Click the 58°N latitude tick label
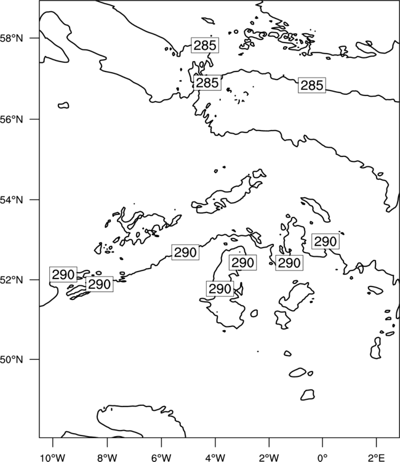tap(11, 38)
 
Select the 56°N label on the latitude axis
tap(11, 120)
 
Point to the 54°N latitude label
tap(11, 200)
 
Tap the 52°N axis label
tap(11, 280)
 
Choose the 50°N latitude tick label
tap(11, 360)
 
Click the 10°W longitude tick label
tap(53, 458)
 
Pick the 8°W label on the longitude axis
tap(107, 458)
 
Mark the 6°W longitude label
tap(161, 458)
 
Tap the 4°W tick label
tap(215, 458)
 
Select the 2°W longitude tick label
tap(269, 458)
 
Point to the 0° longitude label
tap(322, 458)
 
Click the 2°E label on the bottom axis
tap(377, 458)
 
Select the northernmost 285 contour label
tap(205, 46)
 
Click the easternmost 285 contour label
tap(312, 86)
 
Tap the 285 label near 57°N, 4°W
tap(207, 83)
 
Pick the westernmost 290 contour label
tap(63, 275)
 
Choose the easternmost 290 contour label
tap(326, 241)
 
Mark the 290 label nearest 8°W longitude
tap(100, 285)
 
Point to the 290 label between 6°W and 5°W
tap(185, 253)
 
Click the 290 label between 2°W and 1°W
tap(289, 263)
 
